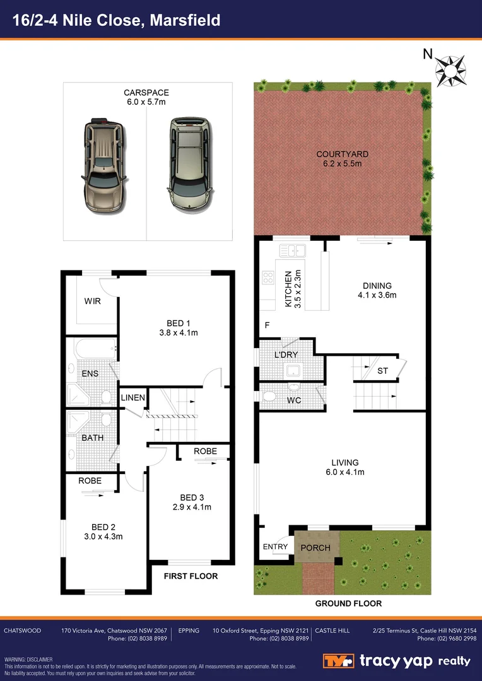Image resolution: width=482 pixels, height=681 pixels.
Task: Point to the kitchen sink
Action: (292, 251)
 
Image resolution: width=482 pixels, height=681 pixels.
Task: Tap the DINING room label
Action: (375, 286)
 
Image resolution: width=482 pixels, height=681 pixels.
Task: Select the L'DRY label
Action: (285, 355)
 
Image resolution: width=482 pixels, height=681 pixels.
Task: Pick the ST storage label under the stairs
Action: (382, 371)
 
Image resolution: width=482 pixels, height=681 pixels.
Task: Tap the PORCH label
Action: (315, 547)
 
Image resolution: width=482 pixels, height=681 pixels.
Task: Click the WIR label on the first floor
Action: (92, 301)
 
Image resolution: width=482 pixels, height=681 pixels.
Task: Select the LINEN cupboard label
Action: (133, 398)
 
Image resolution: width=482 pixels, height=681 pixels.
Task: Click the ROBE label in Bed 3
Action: (205, 451)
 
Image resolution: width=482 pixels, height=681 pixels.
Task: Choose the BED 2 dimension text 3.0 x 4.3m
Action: (104, 537)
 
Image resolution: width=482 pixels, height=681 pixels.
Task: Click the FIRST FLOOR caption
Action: (191, 576)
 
